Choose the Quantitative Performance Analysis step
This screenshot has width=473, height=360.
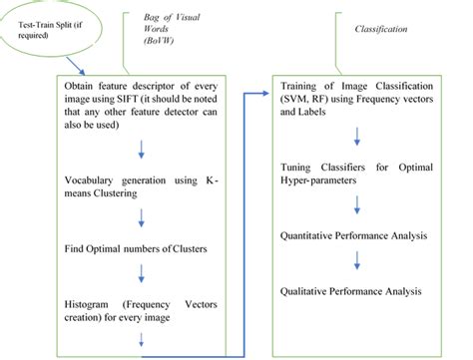tap(361, 237)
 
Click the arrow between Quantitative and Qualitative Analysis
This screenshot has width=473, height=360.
tap(356, 262)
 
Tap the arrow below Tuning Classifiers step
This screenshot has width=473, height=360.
tap(356, 207)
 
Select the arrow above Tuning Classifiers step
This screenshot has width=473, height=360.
tap(356, 138)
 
